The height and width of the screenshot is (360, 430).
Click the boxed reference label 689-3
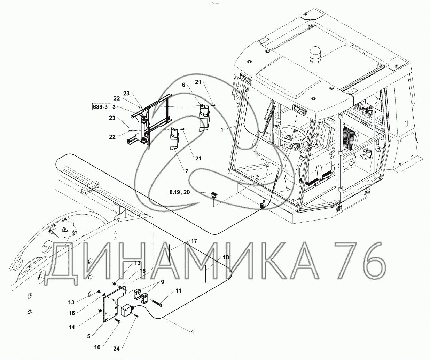(100, 107)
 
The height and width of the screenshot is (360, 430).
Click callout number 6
(183, 85)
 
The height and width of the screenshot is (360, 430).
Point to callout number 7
(187, 171)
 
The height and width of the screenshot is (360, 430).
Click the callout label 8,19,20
(180, 192)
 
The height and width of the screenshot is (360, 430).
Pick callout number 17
(194, 241)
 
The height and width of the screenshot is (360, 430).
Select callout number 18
(226, 257)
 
